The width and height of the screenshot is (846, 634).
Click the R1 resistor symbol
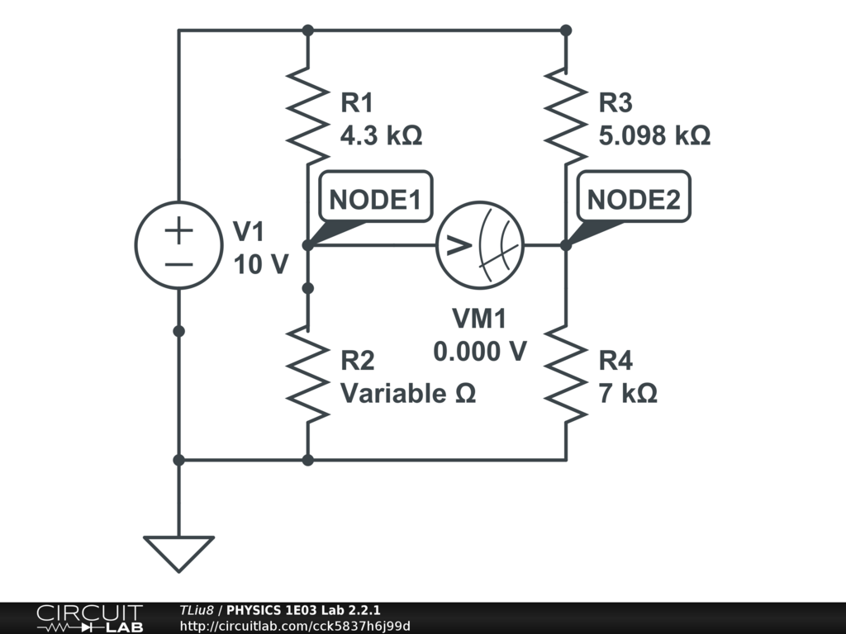click(307, 116)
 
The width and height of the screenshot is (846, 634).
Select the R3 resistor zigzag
click(566, 116)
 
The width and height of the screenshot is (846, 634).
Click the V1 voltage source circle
click(178, 245)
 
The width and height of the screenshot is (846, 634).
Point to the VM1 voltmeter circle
click(480, 245)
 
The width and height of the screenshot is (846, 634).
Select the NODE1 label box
click(376, 198)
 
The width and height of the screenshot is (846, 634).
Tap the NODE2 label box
click(634, 198)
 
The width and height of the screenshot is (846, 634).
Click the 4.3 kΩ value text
click(382, 135)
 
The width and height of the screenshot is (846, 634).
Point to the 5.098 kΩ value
click(654, 135)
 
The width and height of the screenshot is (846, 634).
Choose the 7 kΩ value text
click(628, 393)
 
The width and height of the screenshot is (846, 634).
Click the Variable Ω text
click(408, 393)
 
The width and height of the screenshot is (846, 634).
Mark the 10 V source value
click(261, 264)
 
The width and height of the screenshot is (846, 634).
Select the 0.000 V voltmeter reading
click(480, 351)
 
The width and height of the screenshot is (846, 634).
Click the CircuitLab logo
click(89, 618)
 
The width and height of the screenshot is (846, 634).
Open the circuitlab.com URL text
click(295, 626)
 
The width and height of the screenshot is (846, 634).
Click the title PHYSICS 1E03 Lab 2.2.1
click(303, 610)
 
